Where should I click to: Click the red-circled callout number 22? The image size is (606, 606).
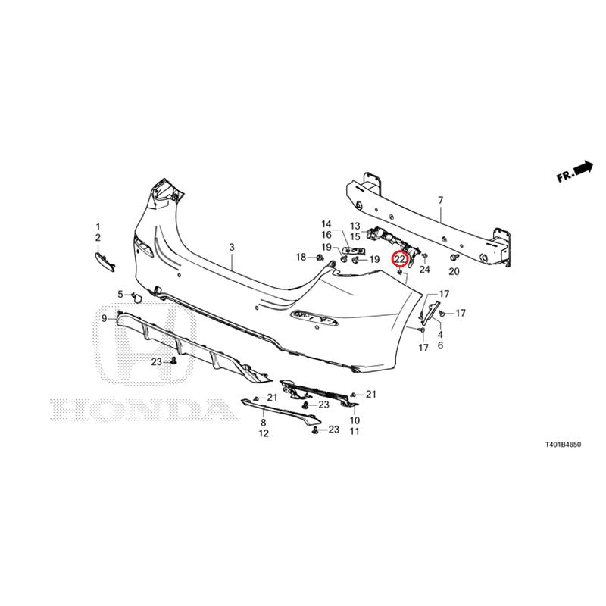[x=399, y=258]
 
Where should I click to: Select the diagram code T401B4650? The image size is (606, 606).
[x=563, y=445]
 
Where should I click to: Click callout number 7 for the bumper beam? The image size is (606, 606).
[x=441, y=200]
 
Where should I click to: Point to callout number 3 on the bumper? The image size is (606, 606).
[x=232, y=247]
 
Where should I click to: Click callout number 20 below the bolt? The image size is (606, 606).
[x=454, y=271]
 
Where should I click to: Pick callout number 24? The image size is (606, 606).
[x=424, y=269]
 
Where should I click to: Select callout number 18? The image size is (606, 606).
[x=301, y=257]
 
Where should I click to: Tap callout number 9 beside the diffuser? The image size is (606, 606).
[x=105, y=318]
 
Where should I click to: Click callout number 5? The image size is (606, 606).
[x=120, y=295]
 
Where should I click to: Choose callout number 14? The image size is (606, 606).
[x=326, y=223]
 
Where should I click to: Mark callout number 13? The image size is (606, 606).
[x=355, y=226]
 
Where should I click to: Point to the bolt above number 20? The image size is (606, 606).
[x=454, y=258]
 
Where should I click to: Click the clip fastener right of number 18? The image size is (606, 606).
[x=319, y=258]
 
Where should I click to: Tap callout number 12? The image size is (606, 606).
[x=264, y=433]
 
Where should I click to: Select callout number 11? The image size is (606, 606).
[x=355, y=431]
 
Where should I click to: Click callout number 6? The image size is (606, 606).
[x=441, y=345]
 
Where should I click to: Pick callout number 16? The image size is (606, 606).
[x=326, y=235]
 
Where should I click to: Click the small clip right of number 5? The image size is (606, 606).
[x=137, y=297]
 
